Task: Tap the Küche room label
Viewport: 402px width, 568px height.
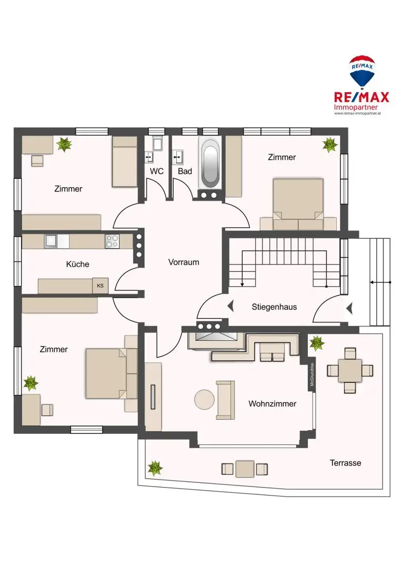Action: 77,264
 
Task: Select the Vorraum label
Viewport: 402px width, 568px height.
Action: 184,261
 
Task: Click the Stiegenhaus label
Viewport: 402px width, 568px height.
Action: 274,307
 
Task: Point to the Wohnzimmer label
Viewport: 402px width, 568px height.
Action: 272,403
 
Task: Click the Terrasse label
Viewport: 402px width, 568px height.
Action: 345,463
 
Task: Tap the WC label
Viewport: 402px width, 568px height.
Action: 156,171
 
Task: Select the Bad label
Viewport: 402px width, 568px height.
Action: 185,171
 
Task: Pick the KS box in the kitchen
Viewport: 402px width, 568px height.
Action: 100,286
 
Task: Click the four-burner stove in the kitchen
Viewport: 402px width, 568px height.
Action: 112,241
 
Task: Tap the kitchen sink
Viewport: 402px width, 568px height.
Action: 52,241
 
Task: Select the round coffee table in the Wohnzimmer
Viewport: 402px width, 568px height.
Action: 204,400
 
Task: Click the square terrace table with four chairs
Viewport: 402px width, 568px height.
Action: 350,370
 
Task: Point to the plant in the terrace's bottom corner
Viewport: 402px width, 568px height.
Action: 155,468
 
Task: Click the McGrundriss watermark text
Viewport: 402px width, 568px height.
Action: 312,375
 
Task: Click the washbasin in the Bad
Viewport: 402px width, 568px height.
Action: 178,156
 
